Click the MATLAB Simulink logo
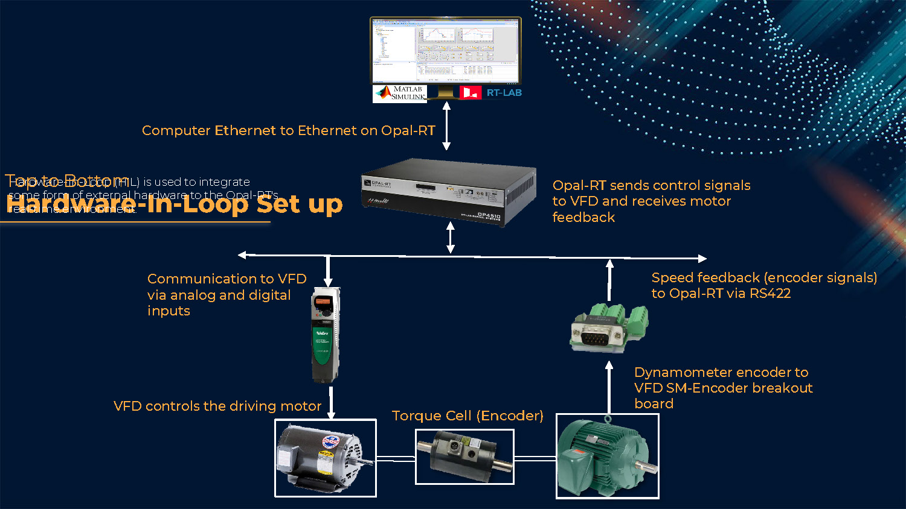coord(400,93)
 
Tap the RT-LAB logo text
coord(504,93)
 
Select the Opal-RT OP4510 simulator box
coord(448,192)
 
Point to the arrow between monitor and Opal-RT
coord(446,126)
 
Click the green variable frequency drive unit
coord(326,335)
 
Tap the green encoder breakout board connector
coord(609,329)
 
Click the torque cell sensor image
coord(464,457)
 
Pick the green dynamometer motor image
coord(606,457)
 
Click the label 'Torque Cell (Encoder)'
coord(467,416)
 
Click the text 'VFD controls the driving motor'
coord(217,406)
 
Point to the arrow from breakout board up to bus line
coord(609,280)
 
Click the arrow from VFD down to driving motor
coord(331,403)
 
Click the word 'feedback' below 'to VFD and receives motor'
coord(583,217)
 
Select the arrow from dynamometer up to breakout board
coord(609,387)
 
